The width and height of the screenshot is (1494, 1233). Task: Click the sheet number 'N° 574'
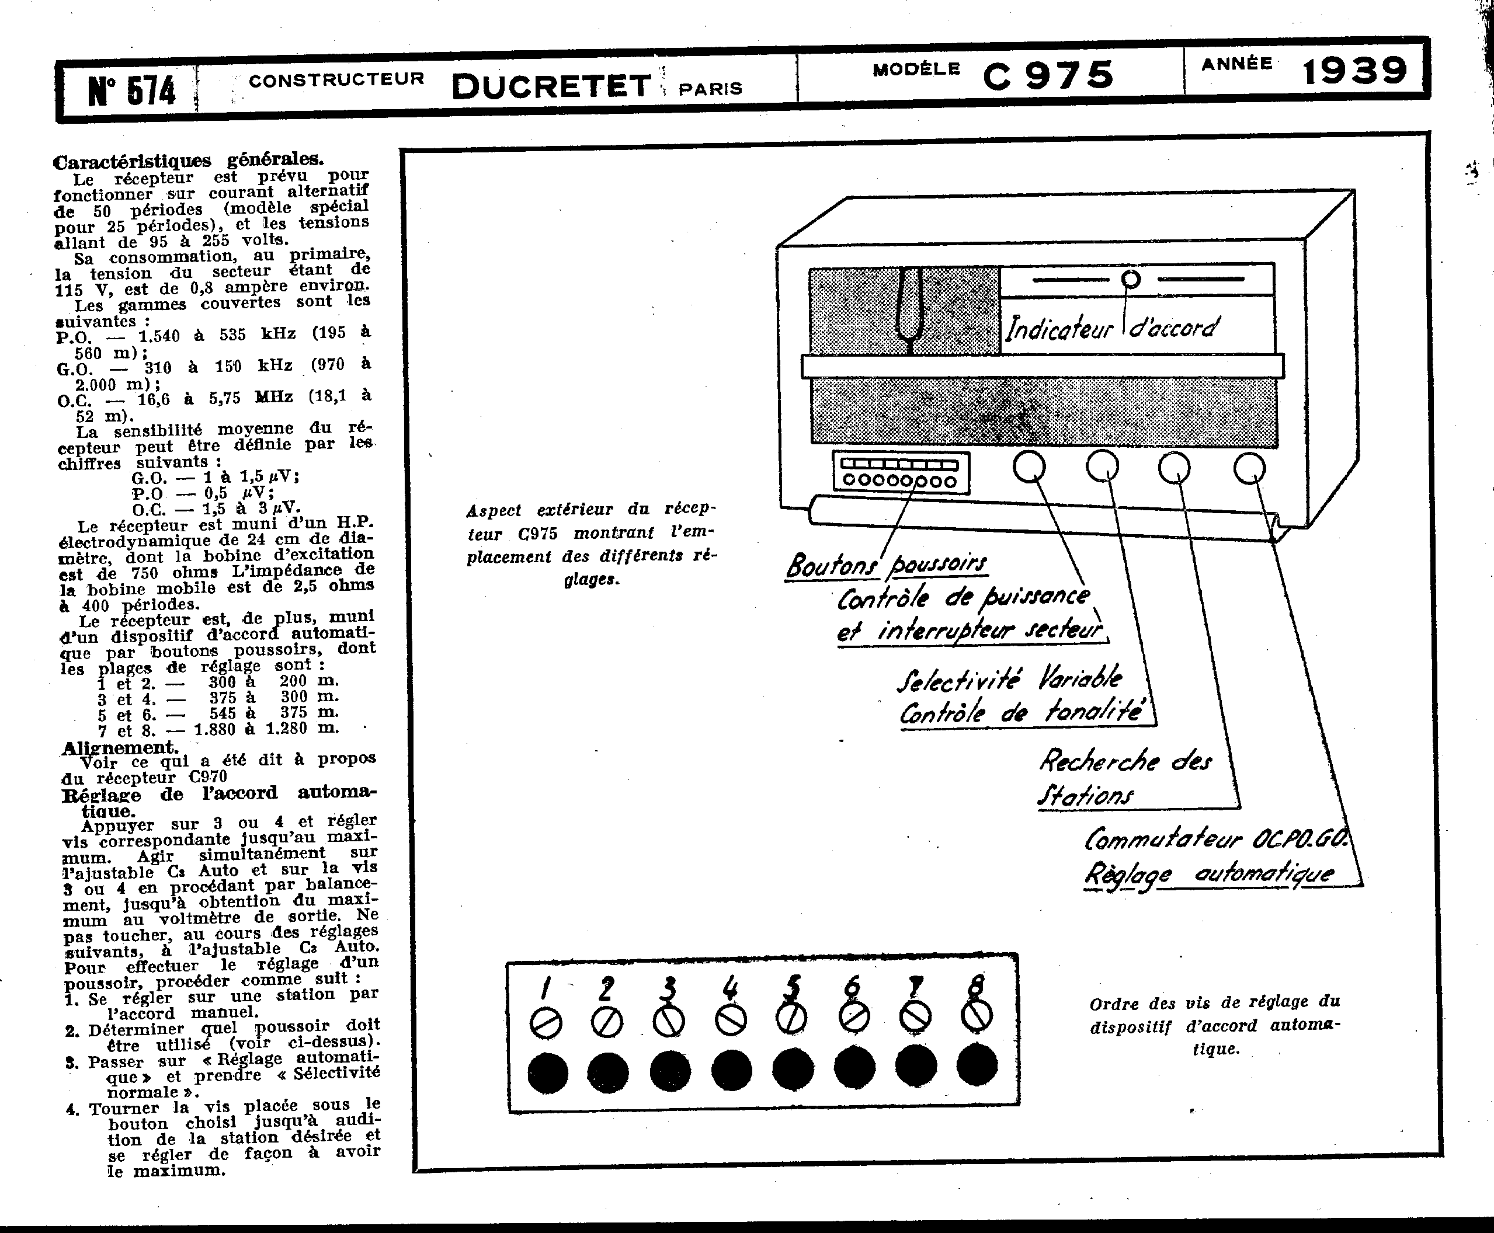[131, 90]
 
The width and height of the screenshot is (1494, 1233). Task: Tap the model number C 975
[1048, 75]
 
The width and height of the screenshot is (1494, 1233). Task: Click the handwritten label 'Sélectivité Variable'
[1009, 680]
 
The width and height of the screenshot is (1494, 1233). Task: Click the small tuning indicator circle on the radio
[1131, 279]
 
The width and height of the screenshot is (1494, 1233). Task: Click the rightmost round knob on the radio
[1249, 468]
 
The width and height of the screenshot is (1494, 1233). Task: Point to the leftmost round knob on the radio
[1029, 466]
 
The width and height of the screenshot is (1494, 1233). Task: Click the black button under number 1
[548, 1072]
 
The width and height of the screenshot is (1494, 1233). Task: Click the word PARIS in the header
[710, 89]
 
